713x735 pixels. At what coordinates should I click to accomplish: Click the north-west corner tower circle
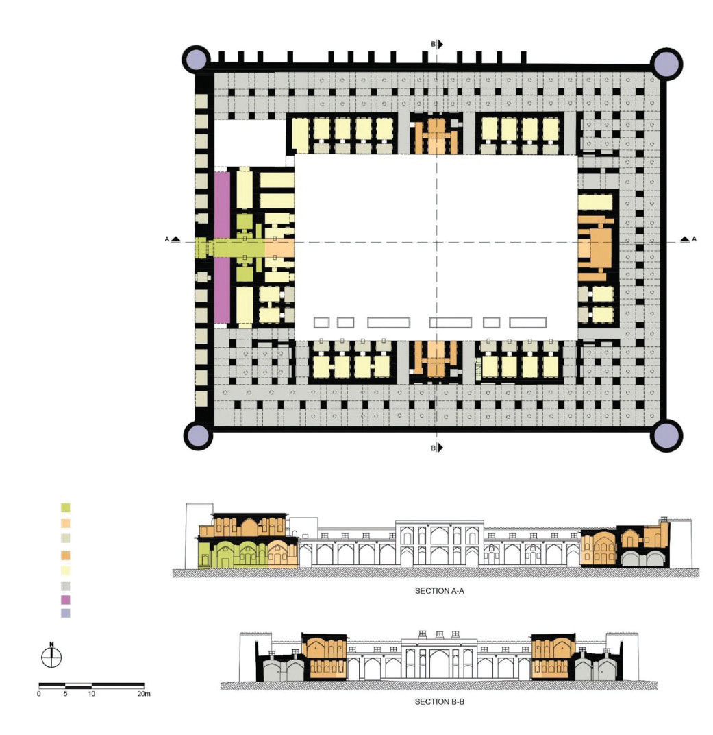(196, 60)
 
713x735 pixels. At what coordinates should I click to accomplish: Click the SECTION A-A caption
(440, 590)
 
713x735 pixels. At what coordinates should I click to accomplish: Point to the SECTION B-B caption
(440, 701)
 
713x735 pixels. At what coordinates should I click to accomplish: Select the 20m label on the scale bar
(142, 694)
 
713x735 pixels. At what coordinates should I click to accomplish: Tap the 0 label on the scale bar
(39, 694)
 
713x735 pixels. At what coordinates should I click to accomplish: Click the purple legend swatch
(66, 600)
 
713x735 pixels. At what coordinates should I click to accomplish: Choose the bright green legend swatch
(66, 508)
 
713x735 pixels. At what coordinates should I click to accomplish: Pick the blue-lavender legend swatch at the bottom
(66, 613)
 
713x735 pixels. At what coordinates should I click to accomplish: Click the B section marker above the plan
(436, 44)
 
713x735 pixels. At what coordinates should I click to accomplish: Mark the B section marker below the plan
(436, 448)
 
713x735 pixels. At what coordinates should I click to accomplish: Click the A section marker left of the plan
(172, 239)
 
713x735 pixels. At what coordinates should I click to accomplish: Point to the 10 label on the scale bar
(91, 694)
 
